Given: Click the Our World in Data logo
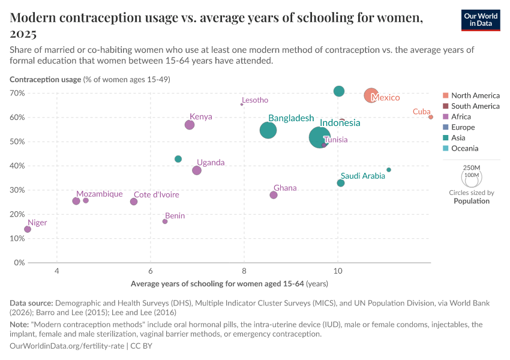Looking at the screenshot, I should [x=481, y=20].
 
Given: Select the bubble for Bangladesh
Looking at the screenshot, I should [x=268, y=130].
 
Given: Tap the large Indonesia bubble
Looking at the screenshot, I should [x=321, y=137].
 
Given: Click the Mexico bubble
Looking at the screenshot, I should [x=371, y=95].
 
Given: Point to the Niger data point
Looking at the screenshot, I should [x=28, y=229].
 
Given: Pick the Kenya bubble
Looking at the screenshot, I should [x=190, y=125].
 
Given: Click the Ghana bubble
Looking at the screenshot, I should [x=274, y=195].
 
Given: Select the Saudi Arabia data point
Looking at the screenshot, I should [x=341, y=183].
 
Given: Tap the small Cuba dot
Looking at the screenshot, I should [x=431, y=117].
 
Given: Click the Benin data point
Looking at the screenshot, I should [x=165, y=221].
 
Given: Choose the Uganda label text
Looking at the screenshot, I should [x=211, y=163].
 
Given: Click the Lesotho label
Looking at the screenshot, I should [x=255, y=100].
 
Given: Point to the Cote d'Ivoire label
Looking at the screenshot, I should [x=156, y=194].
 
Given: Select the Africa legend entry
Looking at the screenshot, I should [x=461, y=116].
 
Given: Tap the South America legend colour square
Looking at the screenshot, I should [x=445, y=106].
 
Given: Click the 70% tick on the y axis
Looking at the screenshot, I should [x=33, y=93].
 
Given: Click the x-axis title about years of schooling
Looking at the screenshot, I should [x=229, y=283].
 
